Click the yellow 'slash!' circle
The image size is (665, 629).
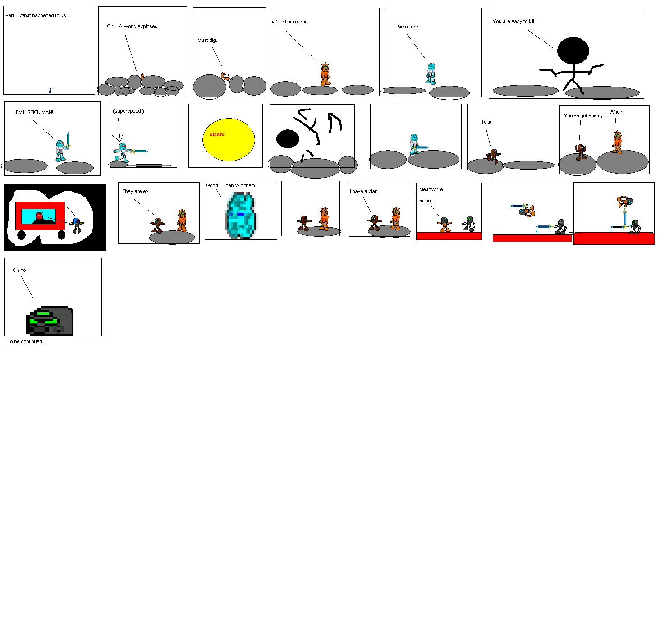coord(229,140)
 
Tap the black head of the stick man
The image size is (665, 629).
coord(573,51)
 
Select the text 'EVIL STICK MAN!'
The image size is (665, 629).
coord(34,112)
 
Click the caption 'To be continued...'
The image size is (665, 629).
coord(27,341)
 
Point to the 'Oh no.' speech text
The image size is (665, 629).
coord(20,270)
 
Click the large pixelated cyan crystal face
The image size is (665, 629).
coord(241,215)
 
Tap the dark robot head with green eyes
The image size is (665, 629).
coord(50,321)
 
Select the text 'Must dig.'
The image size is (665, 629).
coord(207,40)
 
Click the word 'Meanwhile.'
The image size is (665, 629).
coord(431,189)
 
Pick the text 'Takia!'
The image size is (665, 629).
coord(487,122)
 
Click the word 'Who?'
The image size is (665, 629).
coord(616,112)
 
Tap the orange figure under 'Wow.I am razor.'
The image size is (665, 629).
coord(325,74)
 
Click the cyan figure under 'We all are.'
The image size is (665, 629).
coord(431,73)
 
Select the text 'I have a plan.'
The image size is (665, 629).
coord(364,191)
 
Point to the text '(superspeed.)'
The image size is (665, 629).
coord(128,111)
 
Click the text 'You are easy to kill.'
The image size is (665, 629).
coord(514,21)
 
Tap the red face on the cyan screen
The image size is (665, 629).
coord(39,216)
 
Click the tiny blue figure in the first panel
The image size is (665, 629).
coord(50,91)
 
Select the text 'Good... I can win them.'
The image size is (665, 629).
coord(231,185)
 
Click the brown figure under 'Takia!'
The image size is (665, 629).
coord(494,156)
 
